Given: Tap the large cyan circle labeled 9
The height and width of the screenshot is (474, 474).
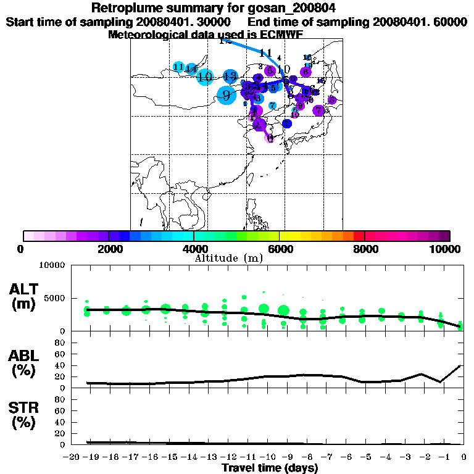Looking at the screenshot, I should click(x=227, y=96).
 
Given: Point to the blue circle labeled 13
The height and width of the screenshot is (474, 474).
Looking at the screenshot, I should click(x=230, y=77).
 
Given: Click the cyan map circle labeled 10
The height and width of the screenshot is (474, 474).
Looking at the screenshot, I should click(x=205, y=77).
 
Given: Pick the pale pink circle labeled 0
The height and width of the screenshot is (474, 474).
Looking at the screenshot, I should click(x=270, y=138).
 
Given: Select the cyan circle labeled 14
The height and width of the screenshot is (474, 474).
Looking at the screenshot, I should click(x=191, y=69).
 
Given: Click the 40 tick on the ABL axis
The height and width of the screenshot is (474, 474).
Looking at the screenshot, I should click(x=61, y=365).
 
